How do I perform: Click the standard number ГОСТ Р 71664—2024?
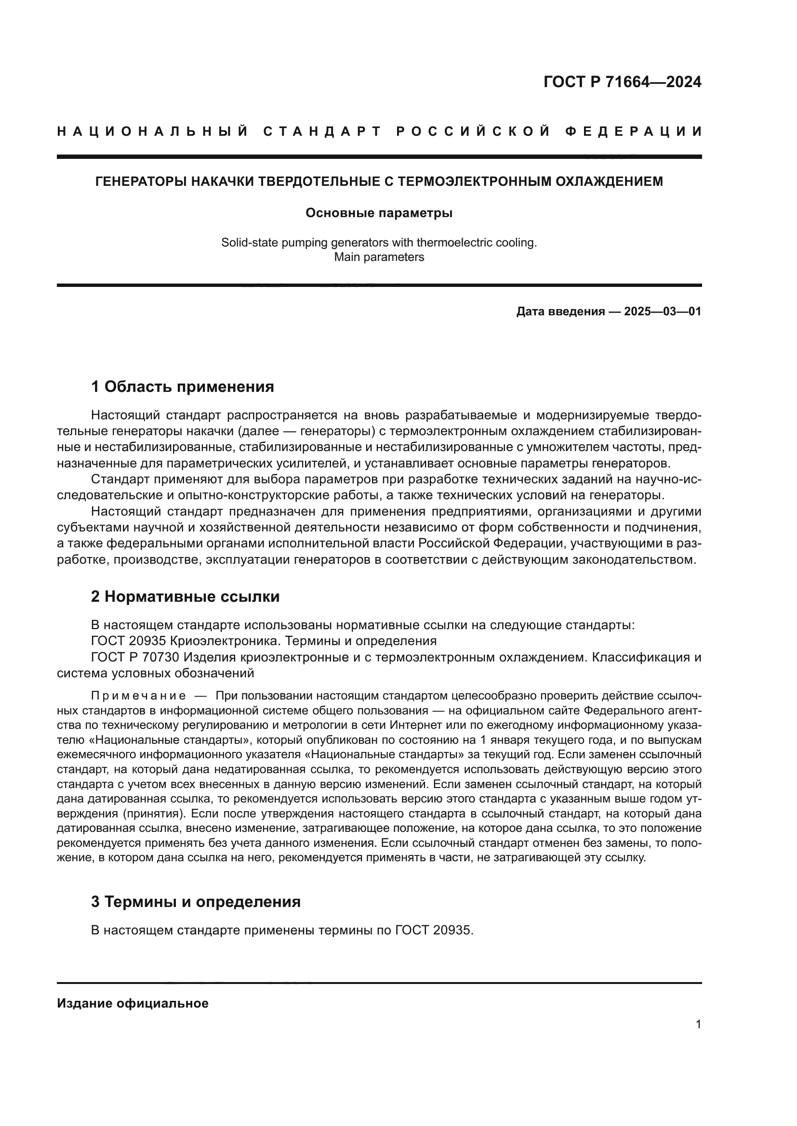[622, 82]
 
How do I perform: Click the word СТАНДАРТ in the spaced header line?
[322, 131]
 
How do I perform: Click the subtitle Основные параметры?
[379, 213]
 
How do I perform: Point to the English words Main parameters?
[379, 257]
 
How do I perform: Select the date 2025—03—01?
[663, 311]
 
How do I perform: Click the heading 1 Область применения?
[182, 387]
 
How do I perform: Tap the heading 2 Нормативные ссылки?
[185, 596]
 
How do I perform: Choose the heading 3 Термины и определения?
[195, 902]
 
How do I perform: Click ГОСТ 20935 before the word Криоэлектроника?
[125, 641]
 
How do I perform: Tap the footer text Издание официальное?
[133, 1003]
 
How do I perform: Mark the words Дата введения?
[560, 311]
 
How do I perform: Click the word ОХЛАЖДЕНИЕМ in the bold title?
[609, 181]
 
